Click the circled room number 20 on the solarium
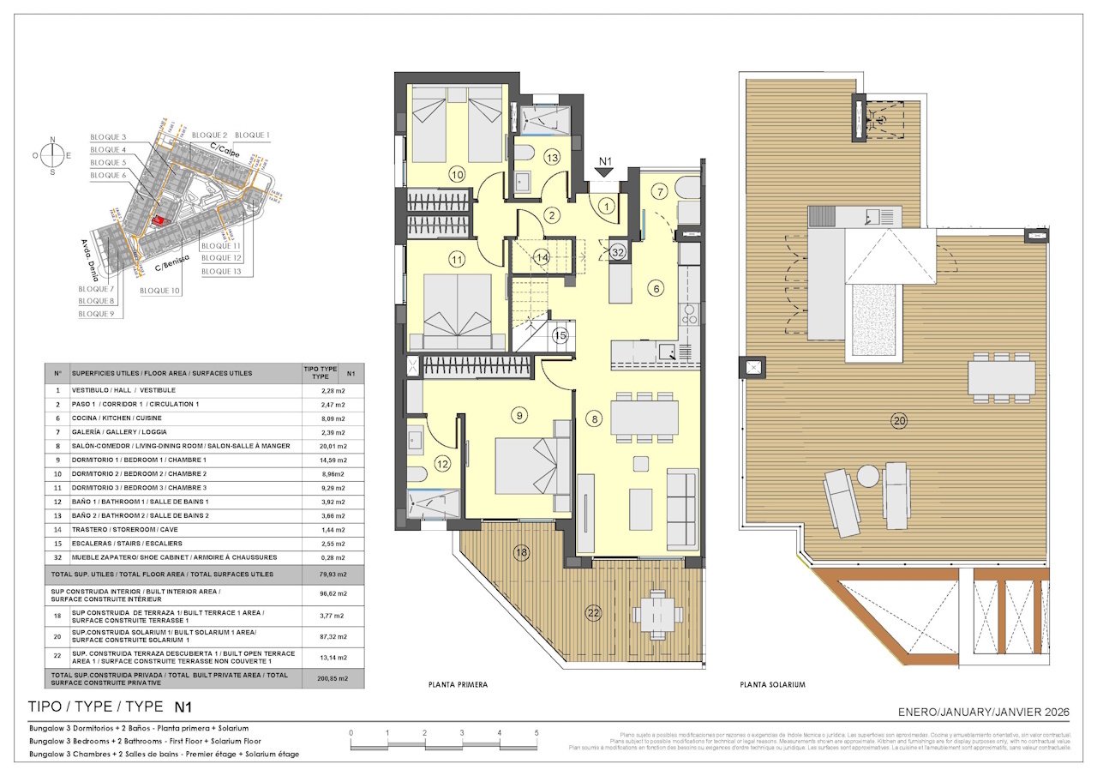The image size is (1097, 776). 898,421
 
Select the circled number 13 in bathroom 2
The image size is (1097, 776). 551,157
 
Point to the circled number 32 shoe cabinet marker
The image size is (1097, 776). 618,251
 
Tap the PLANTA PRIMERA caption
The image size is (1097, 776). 458,685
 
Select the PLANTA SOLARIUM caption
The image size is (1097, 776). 772,685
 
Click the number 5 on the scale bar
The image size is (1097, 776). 536,733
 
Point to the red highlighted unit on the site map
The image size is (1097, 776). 158,220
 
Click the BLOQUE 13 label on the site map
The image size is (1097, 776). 221,271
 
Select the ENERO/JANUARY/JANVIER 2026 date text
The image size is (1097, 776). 984,712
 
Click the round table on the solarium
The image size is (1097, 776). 868,475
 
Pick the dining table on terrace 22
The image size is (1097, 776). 656,613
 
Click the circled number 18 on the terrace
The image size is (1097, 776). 521,553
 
